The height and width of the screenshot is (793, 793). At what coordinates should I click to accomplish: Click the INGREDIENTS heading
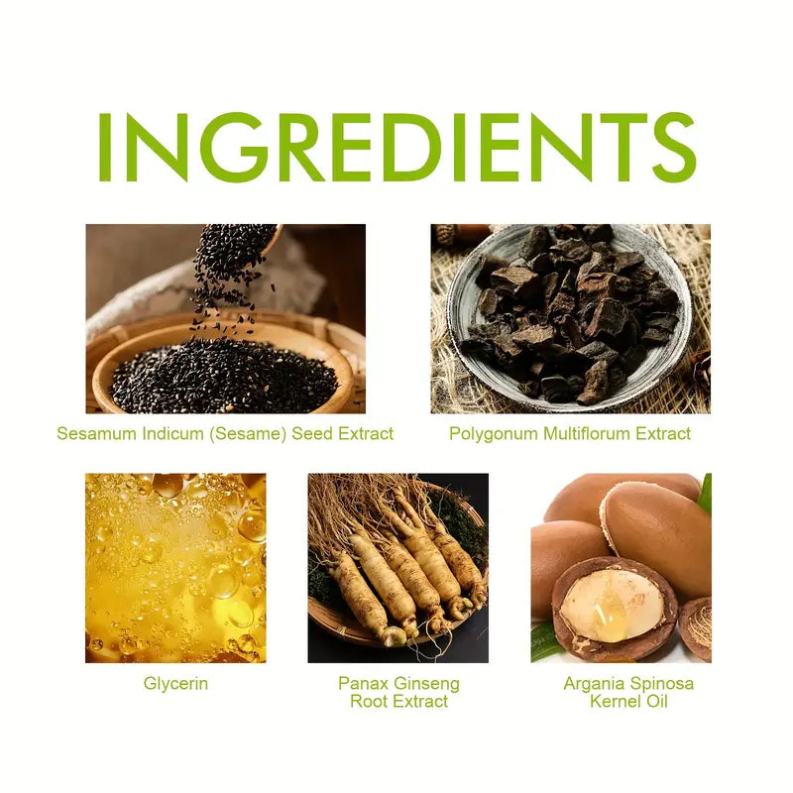tap(396, 146)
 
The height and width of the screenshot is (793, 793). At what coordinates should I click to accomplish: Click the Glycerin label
tap(174, 683)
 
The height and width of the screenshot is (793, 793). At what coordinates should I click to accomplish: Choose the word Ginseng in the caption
tap(427, 683)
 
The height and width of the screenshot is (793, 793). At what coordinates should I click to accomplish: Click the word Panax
tap(358, 683)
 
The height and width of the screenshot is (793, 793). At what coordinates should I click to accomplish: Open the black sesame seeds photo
tap(225, 318)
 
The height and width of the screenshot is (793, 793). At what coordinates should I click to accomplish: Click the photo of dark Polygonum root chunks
tap(570, 318)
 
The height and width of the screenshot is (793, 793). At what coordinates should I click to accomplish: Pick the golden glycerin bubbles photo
tap(175, 567)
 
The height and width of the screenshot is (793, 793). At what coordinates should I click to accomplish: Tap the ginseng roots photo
tap(397, 567)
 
